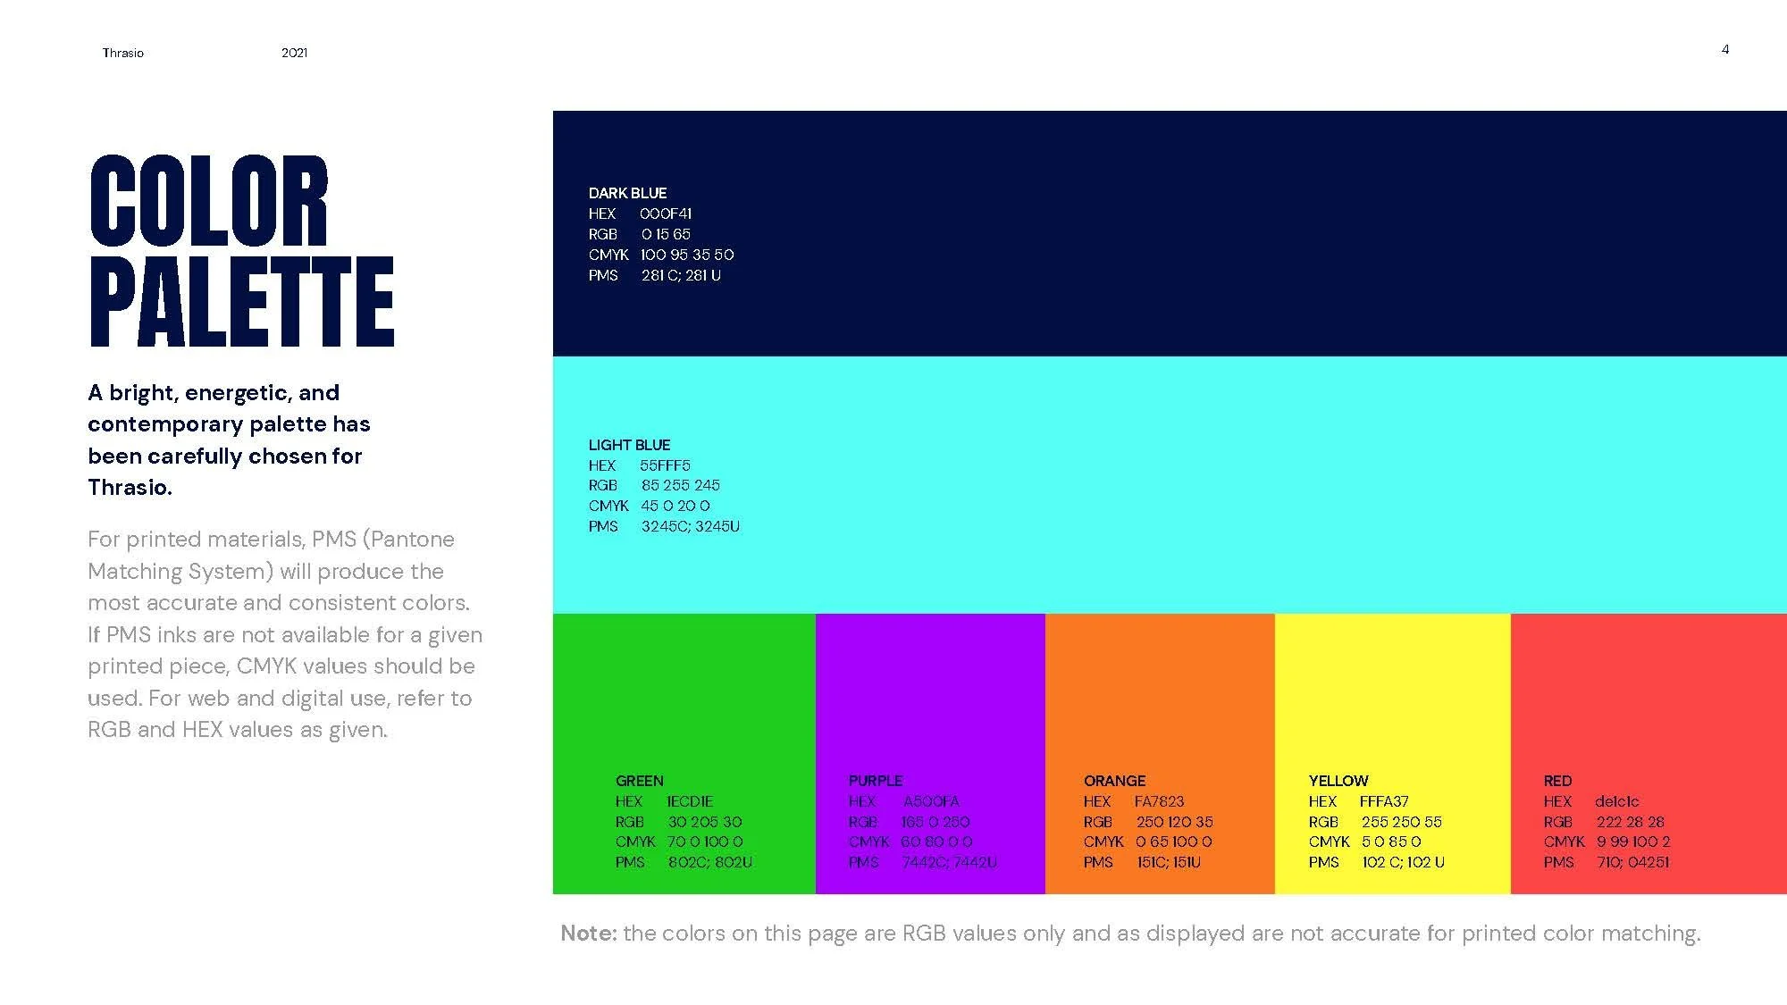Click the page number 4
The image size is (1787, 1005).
[x=1725, y=49]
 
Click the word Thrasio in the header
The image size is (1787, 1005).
[x=122, y=53]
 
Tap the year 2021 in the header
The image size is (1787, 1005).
[x=294, y=53]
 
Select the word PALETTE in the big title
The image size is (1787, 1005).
[x=241, y=302]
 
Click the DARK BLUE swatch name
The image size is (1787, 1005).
[x=627, y=193]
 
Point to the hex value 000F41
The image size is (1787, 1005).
[x=666, y=214]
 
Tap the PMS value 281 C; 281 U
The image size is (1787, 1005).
[x=681, y=275]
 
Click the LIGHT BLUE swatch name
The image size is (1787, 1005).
[x=629, y=445]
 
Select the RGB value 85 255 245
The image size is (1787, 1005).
[x=680, y=485]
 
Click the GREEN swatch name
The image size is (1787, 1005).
[x=639, y=781]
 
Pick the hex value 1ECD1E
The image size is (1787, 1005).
[x=690, y=801]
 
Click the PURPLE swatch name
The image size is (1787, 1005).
[x=875, y=781]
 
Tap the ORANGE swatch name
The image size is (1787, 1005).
[x=1114, y=781]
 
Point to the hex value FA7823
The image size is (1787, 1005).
[x=1159, y=801]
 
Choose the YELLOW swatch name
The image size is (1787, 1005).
[x=1338, y=781]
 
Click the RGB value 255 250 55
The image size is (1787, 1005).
[x=1401, y=822]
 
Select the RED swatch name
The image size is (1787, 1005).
[x=1557, y=781]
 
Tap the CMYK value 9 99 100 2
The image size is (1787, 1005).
[x=1633, y=842]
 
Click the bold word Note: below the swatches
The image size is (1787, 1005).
[x=588, y=934]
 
